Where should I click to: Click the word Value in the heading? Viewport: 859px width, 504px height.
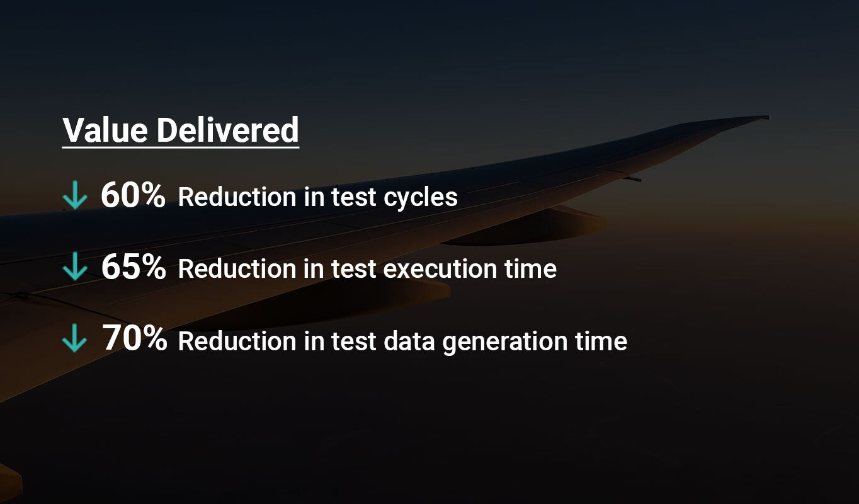(x=105, y=130)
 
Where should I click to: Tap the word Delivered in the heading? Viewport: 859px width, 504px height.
(x=228, y=130)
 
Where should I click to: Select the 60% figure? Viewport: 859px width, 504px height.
(x=133, y=195)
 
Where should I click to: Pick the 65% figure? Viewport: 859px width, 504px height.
(x=134, y=266)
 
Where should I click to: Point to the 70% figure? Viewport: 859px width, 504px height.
(x=135, y=338)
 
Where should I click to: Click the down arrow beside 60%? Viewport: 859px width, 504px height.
(x=75, y=195)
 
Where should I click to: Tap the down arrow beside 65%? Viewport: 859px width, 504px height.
(x=75, y=266)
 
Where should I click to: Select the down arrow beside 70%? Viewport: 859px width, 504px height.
(x=74, y=338)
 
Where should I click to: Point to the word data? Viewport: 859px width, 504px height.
(x=409, y=341)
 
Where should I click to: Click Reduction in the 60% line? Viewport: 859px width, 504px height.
(x=237, y=197)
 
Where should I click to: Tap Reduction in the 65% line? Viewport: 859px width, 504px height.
(x=237, y=268)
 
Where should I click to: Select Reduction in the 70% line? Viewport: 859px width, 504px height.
(x=237, y=341)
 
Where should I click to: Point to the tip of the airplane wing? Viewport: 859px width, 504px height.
(x=768, y=117)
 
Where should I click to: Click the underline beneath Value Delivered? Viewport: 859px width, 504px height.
(x=181, y=147)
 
